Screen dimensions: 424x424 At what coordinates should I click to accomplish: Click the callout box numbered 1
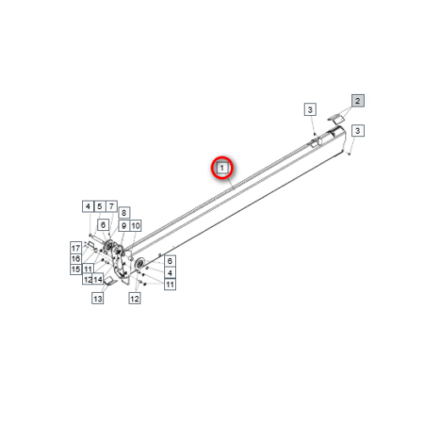222,168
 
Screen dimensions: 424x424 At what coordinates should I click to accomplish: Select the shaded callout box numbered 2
358,101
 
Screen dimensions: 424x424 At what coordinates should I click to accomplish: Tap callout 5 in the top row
100,206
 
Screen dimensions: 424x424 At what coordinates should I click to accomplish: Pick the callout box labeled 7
111,206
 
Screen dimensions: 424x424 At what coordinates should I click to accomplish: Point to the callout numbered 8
124,213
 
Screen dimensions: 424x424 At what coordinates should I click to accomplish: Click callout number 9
124,225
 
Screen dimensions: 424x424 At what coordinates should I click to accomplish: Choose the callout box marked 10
136,225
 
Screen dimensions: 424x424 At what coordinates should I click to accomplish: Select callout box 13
98,298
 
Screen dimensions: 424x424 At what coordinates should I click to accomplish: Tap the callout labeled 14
98,279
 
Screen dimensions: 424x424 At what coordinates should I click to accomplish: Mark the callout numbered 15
75,269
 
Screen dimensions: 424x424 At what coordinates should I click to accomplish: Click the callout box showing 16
75,258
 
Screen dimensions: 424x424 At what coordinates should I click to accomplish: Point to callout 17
75,248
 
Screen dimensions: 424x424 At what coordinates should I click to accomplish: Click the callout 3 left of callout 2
310,109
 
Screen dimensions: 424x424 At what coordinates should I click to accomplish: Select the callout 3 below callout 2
358,130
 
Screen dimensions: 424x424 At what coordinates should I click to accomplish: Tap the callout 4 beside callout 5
88,206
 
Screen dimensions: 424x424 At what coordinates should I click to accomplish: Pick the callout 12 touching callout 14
88,279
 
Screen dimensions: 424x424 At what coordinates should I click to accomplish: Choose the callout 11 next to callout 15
88,269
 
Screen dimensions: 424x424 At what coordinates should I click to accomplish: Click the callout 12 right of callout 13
135,298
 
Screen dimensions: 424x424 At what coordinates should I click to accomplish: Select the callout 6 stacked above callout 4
170,261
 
